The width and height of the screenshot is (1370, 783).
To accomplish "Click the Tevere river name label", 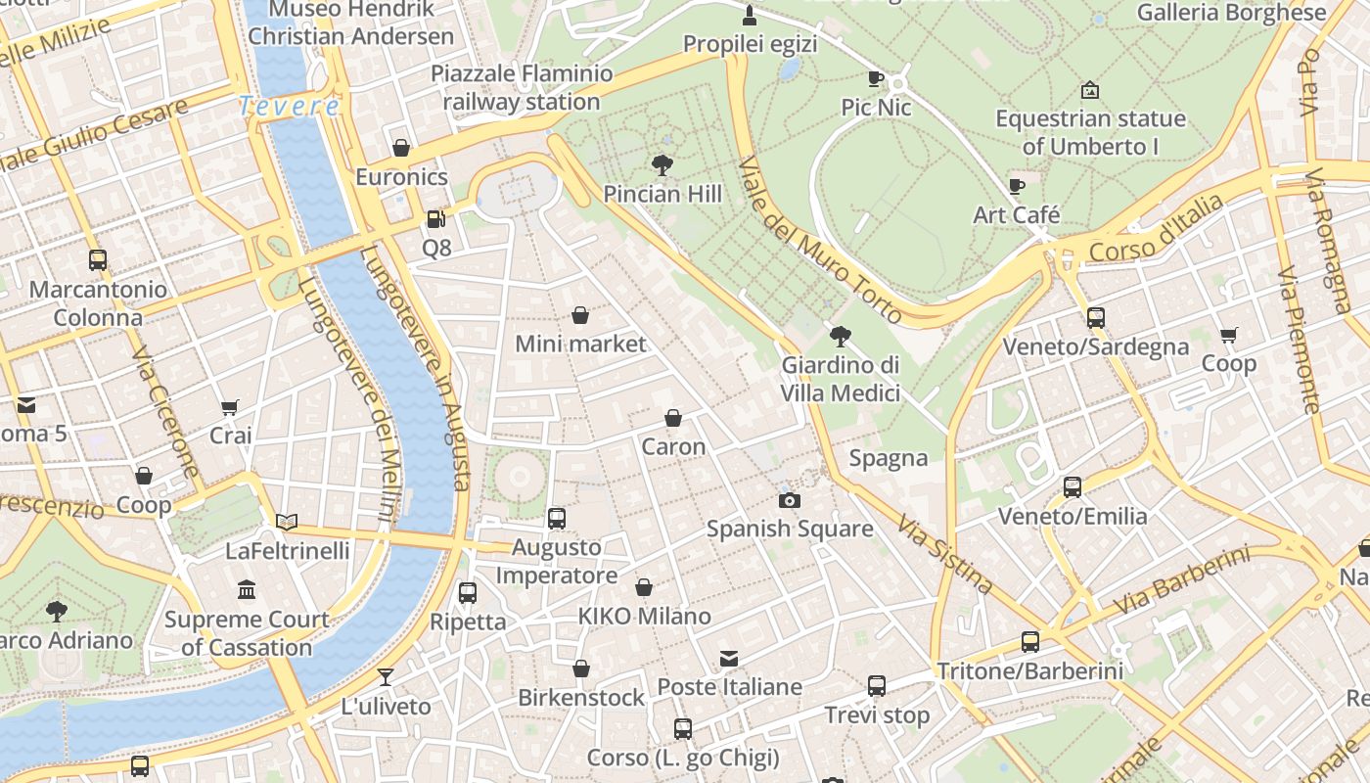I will [290, 106].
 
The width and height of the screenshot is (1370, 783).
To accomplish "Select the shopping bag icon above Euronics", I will [401, 148].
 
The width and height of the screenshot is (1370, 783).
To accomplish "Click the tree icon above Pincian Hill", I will [662, 163].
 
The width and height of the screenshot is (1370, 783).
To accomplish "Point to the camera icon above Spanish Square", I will [789, 500].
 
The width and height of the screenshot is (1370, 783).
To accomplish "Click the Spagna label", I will [889, 458].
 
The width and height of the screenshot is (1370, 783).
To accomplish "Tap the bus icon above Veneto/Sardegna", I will [1095, 317].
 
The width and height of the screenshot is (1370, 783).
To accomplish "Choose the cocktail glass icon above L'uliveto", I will [386, 676].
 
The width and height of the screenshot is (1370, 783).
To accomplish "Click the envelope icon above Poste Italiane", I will [729, 658].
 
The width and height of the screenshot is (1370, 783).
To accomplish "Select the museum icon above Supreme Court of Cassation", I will [247, 589].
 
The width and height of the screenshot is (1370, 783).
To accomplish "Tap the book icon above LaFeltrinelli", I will [287, 522].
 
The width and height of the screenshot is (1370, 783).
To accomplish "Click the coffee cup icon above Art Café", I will [1017, 186].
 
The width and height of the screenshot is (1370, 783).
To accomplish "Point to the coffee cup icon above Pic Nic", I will [876, 78].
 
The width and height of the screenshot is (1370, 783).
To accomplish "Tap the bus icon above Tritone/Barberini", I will [1030, 642].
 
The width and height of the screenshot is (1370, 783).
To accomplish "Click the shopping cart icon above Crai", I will [230, 407].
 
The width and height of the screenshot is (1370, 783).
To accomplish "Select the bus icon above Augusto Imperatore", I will [556, 518].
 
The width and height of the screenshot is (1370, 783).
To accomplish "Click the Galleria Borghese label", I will [1231, 13].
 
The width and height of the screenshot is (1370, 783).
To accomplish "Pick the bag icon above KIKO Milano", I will [644, 587].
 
